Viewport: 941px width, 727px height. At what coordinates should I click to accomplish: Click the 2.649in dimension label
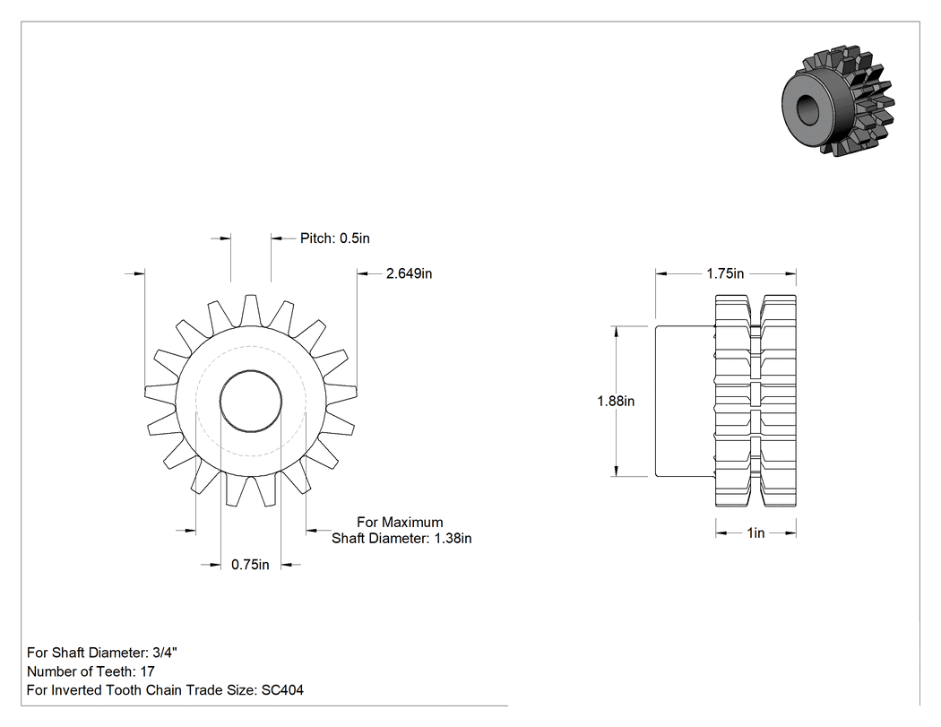point(409,273)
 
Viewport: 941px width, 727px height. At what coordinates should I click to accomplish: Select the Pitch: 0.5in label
point(335,238)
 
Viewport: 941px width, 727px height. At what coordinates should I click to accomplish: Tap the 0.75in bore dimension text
point(250,565)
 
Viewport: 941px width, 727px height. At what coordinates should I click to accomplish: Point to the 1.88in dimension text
point(616,401)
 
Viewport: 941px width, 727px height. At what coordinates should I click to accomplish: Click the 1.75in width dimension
point(725,273)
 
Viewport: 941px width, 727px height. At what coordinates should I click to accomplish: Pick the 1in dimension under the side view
point(755,533)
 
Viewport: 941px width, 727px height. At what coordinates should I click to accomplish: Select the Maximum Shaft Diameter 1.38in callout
point(401,530)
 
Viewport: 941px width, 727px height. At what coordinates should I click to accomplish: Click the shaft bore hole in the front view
point(251,401)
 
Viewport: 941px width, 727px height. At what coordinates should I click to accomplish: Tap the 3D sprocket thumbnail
point(838,101)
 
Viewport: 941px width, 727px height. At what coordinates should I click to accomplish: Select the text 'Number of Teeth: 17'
point(91,671)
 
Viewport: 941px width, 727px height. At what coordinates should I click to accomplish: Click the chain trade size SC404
point(282,690)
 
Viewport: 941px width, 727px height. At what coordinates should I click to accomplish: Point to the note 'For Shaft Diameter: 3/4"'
point(102,653)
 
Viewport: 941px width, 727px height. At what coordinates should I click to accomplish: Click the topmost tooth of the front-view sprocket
point(251,310)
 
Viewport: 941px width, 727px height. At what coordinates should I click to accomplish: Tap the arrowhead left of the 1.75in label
point(661,273)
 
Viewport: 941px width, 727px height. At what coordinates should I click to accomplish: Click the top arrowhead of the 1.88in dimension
point(616,333)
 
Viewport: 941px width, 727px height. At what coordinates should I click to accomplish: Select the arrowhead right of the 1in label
point(790,533)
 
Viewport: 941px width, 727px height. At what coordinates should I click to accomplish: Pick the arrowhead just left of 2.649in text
point(364,273)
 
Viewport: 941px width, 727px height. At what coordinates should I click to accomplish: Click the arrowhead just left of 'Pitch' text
point(277,238)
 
